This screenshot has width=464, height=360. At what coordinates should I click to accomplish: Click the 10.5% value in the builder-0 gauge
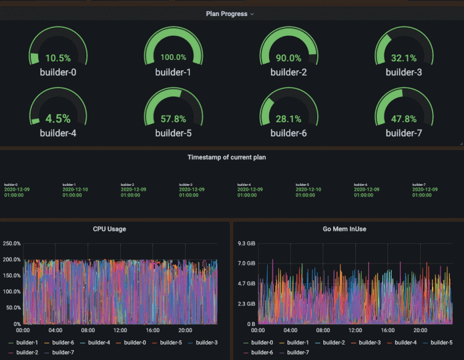click(58, 58)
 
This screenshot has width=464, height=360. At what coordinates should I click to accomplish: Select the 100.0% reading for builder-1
click(173, 57)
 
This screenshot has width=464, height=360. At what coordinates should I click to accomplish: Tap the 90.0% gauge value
click(288, 58)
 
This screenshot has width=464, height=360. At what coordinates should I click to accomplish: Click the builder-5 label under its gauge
click(173, 132)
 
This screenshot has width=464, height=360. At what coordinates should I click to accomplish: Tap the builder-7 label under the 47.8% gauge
click(404, 132)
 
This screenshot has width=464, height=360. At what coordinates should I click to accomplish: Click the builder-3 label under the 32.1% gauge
click(404, 72)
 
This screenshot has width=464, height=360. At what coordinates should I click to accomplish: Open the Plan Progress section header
click(226, 14)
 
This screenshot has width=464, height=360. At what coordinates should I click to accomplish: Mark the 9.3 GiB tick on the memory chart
click(247, 243)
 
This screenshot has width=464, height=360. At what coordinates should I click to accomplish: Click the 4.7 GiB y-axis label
click(247, 283)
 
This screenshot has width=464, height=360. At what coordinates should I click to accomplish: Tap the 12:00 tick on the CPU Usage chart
click(120, 330)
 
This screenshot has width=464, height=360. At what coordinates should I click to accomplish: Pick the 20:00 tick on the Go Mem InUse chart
click(420, 330)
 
